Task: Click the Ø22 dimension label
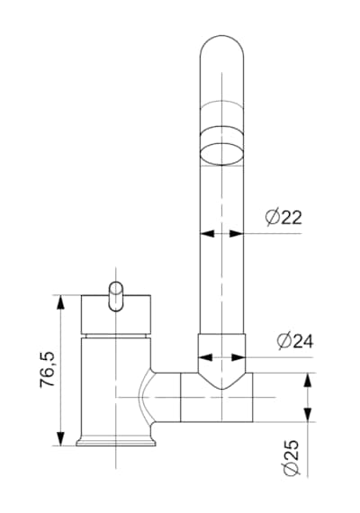[283, 216]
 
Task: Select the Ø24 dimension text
[295, 340]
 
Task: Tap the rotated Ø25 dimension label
[291, 457]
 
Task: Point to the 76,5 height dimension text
[47, 370]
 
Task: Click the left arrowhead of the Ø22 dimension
[207, 234]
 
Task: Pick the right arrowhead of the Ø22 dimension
[237, 234]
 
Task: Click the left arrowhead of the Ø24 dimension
[205, 357]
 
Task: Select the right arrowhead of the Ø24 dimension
[238, 357]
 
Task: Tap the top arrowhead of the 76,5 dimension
[60, 302]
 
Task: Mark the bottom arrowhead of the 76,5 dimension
[60, 438]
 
